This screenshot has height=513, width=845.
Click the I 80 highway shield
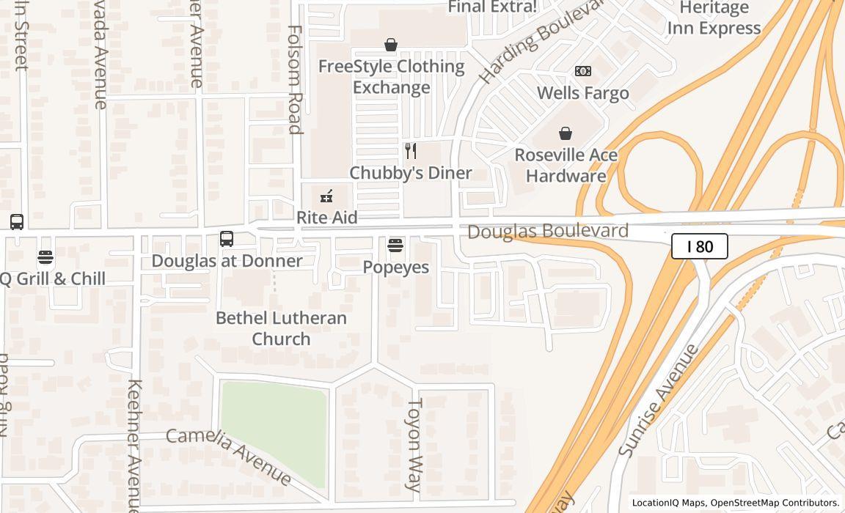699,246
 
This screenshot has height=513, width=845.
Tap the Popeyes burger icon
395,246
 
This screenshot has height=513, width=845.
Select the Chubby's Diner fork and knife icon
411,151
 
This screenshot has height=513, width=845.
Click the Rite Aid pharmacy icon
326,196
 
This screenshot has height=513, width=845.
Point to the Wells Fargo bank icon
583,71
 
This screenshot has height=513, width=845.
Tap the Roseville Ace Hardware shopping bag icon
566,133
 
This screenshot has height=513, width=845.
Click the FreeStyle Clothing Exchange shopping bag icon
391,45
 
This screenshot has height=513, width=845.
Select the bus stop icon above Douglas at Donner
227,239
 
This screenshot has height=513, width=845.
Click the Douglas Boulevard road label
548,232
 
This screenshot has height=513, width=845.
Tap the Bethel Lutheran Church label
281,328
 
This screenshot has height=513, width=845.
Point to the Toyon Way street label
414,444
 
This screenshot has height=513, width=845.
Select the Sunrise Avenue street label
659,400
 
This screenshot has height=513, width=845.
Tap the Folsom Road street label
295,80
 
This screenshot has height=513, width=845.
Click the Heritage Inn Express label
713,18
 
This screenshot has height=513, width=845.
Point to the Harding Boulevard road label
541,40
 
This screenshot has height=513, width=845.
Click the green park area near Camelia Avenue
272,425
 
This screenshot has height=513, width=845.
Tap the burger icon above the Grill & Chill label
45,257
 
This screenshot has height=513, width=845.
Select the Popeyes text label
395,267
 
